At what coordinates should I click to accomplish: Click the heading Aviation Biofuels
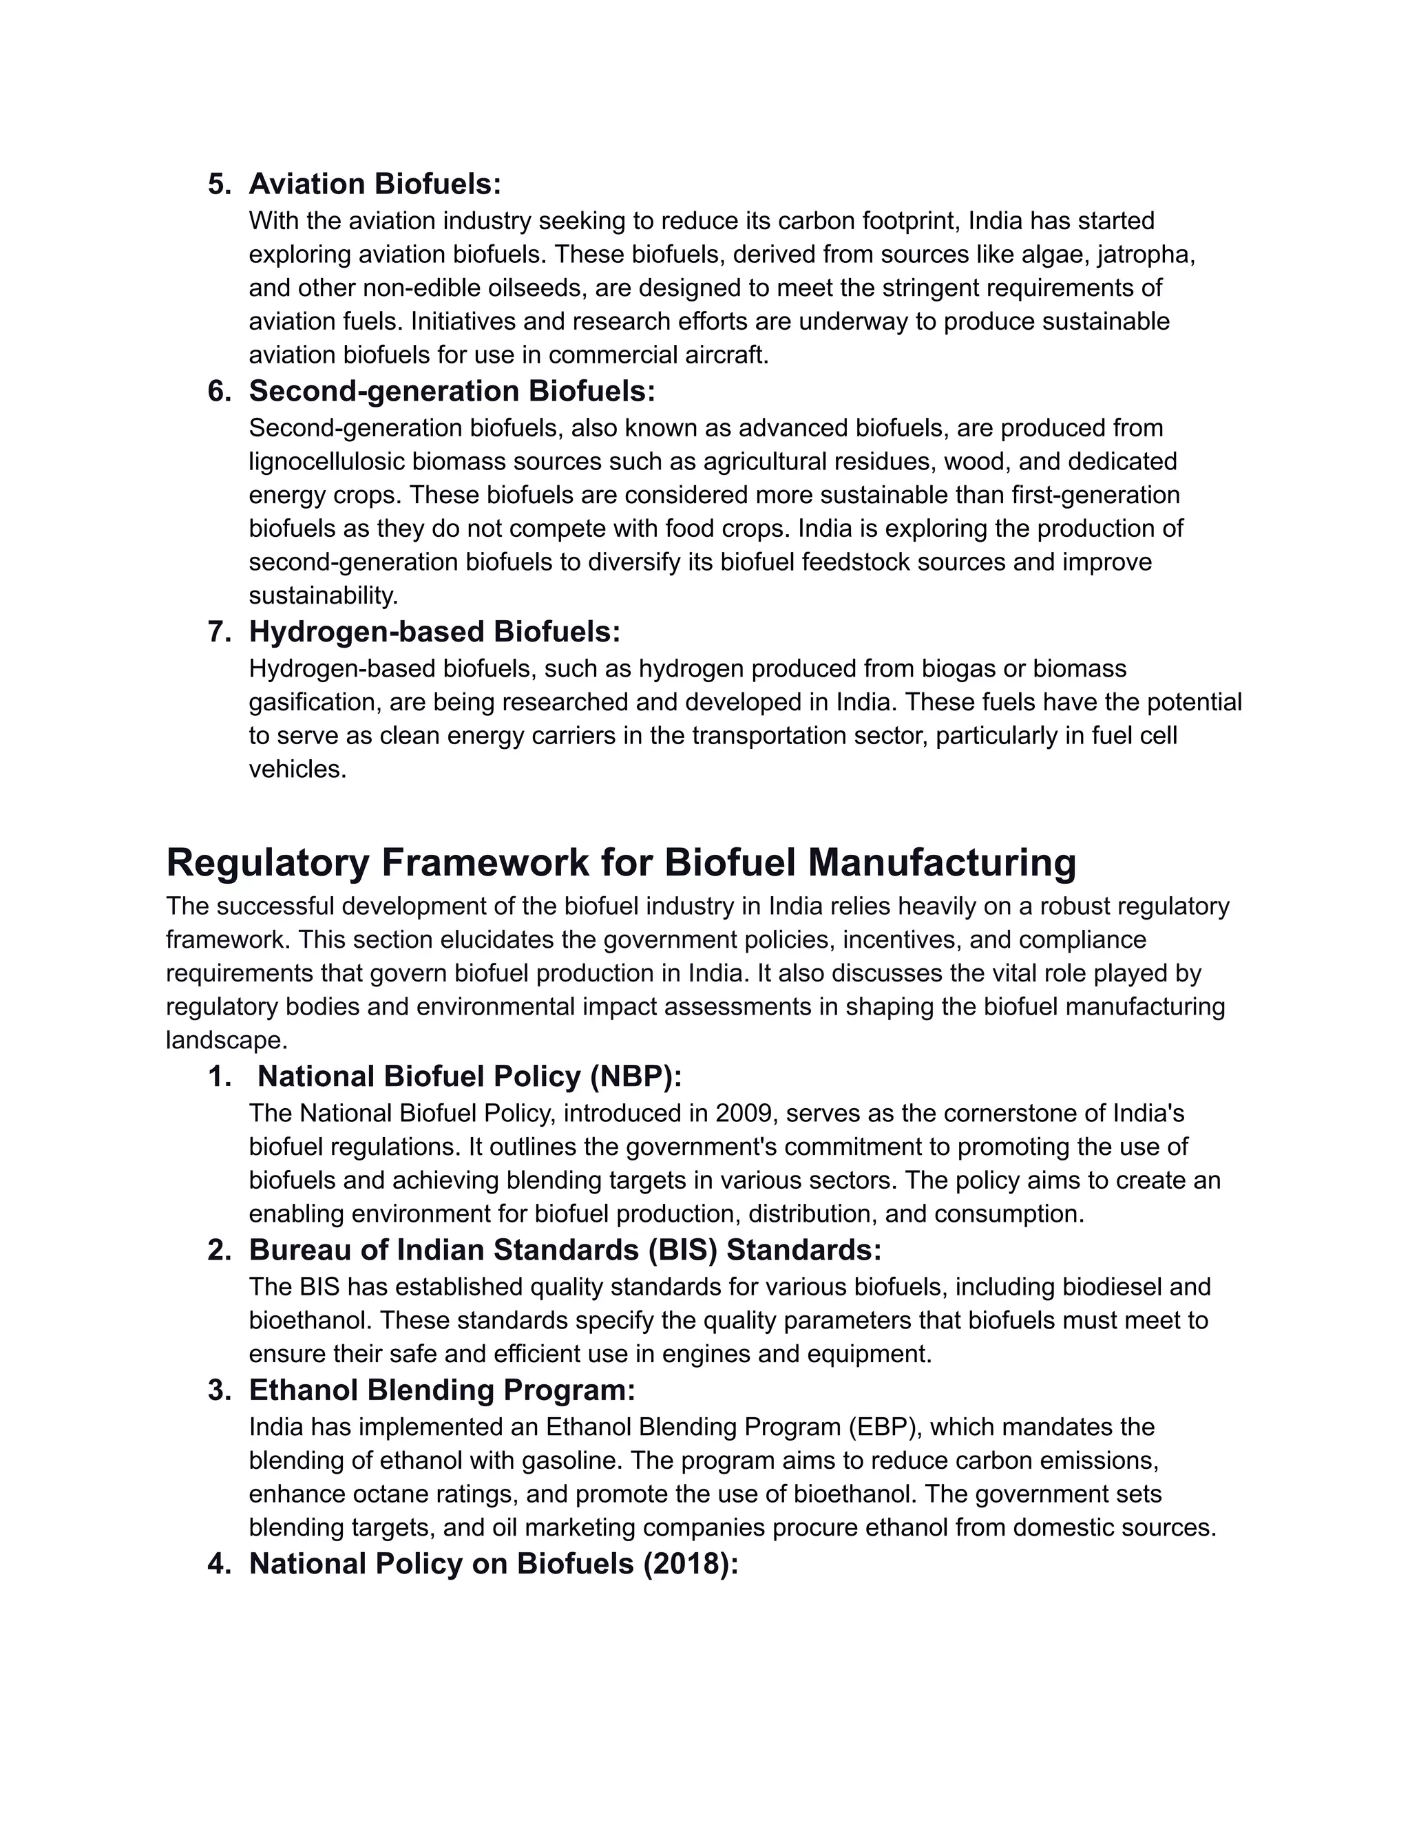pyautogui.click(x=375, y=184)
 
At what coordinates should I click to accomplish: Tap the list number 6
pyautogui.click(x=219, y=391)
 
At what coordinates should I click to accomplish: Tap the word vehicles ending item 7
pyautogui.click(x=297, y=770)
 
